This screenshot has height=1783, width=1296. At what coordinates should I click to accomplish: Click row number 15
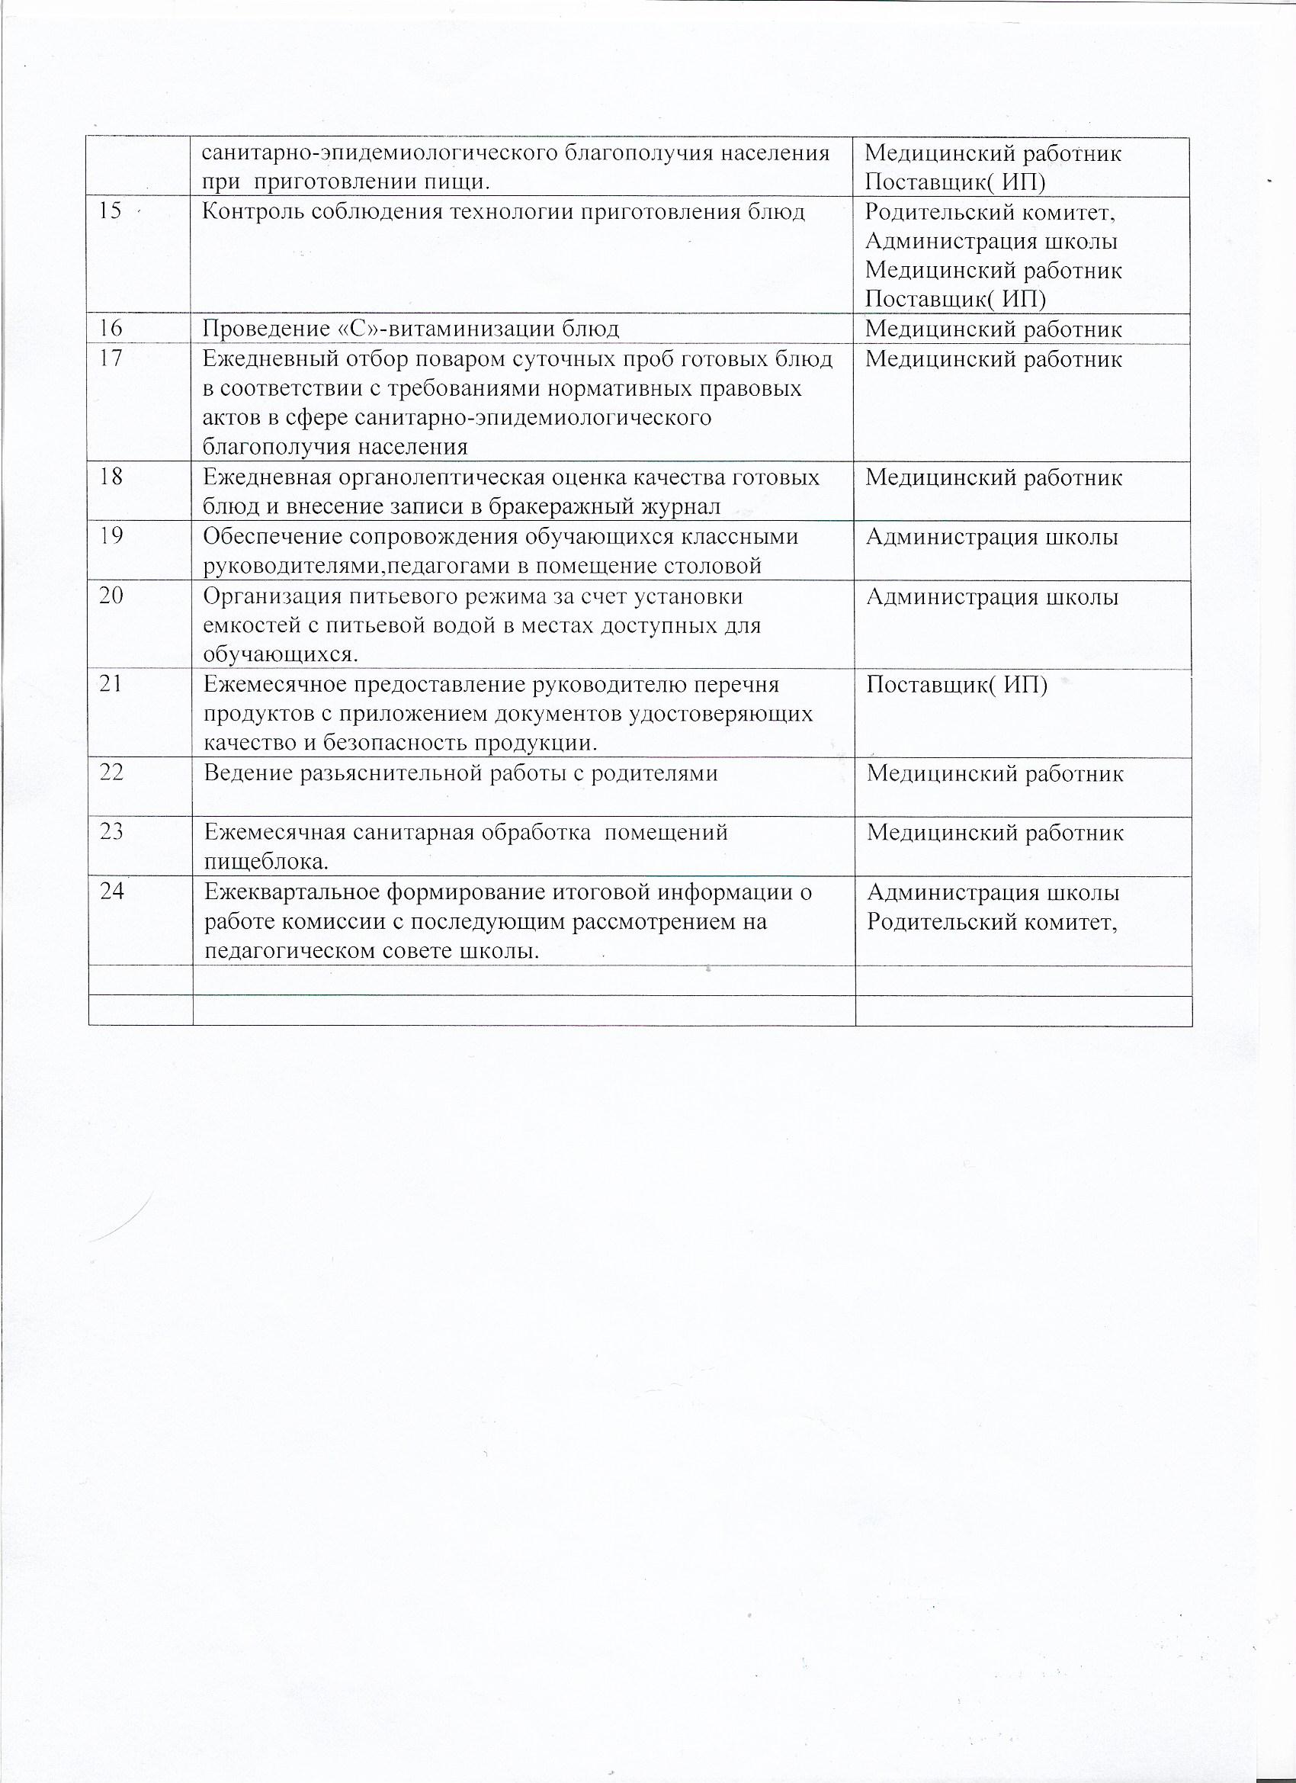point(110,211)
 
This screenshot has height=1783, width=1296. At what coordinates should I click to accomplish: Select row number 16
point(111,329)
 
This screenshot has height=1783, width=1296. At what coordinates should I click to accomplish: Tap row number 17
point(111,358)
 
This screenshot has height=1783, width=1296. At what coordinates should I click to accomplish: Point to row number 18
point(111,477)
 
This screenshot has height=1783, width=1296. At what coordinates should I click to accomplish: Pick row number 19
point(111,536)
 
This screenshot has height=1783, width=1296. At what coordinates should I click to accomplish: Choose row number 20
point(111,595)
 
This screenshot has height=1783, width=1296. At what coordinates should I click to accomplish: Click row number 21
point(111,683)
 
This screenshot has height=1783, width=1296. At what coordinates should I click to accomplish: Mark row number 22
point(111,772)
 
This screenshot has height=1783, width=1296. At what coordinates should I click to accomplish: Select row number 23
point(111,831)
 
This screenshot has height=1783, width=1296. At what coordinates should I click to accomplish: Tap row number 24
point(111,891)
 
